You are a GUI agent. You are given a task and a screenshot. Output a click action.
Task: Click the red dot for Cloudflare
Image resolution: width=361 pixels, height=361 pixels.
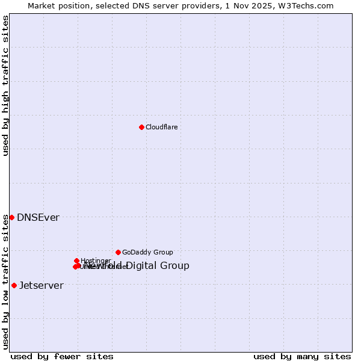141,127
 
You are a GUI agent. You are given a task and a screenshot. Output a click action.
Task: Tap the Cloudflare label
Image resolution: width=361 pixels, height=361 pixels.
161,127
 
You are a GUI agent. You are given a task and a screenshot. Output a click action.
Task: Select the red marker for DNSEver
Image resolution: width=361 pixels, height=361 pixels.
11,217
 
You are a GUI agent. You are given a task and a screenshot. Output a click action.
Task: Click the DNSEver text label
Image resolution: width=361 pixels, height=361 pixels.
38,218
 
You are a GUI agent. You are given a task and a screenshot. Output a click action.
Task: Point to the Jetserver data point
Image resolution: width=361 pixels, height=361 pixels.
14,285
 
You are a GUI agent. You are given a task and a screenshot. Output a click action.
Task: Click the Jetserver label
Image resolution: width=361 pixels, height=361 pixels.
41,286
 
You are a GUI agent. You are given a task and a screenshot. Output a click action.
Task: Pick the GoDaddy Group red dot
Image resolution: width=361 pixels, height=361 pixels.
118,252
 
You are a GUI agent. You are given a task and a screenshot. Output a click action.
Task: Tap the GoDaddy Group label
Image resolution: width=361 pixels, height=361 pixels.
147,253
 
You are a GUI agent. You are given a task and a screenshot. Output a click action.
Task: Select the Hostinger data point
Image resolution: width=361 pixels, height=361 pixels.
76,261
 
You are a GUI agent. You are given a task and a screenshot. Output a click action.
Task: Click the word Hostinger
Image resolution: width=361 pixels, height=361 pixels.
96,261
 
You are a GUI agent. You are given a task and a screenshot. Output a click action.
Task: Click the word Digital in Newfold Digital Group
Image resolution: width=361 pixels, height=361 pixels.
143,266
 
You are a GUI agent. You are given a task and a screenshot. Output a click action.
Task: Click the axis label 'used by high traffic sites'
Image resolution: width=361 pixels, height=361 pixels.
6,85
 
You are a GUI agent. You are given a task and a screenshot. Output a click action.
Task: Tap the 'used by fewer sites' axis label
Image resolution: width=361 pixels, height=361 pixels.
62,356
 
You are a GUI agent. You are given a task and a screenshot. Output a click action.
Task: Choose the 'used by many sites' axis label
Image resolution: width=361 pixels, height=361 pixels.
302,356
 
